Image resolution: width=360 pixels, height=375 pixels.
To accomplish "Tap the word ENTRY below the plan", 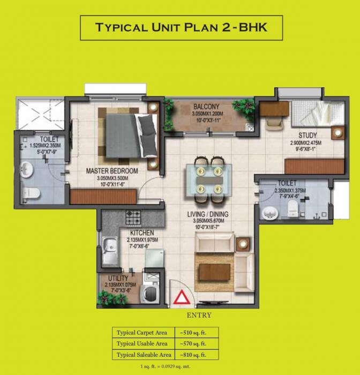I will point(199,315).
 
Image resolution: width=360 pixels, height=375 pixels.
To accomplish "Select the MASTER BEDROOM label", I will point(112,171).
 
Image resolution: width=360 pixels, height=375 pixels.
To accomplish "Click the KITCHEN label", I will point(142,233).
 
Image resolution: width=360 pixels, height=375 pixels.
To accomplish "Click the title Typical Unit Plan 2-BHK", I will point(181,27).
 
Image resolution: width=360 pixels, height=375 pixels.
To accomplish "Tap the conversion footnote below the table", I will point(181,366).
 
